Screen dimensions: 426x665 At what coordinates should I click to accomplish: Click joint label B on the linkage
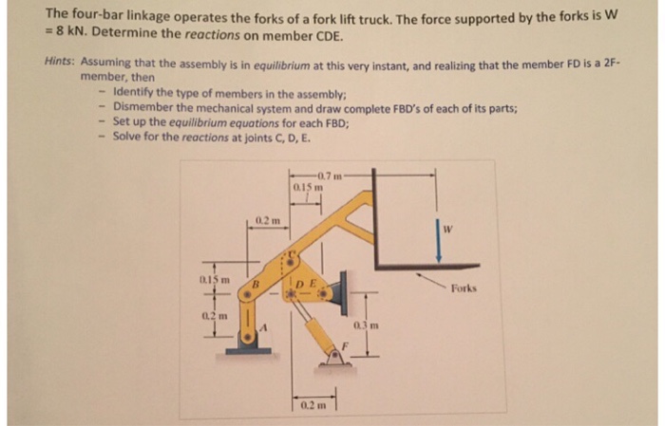tap(255, 282)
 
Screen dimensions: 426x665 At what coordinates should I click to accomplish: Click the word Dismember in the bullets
tap(143, 107)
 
